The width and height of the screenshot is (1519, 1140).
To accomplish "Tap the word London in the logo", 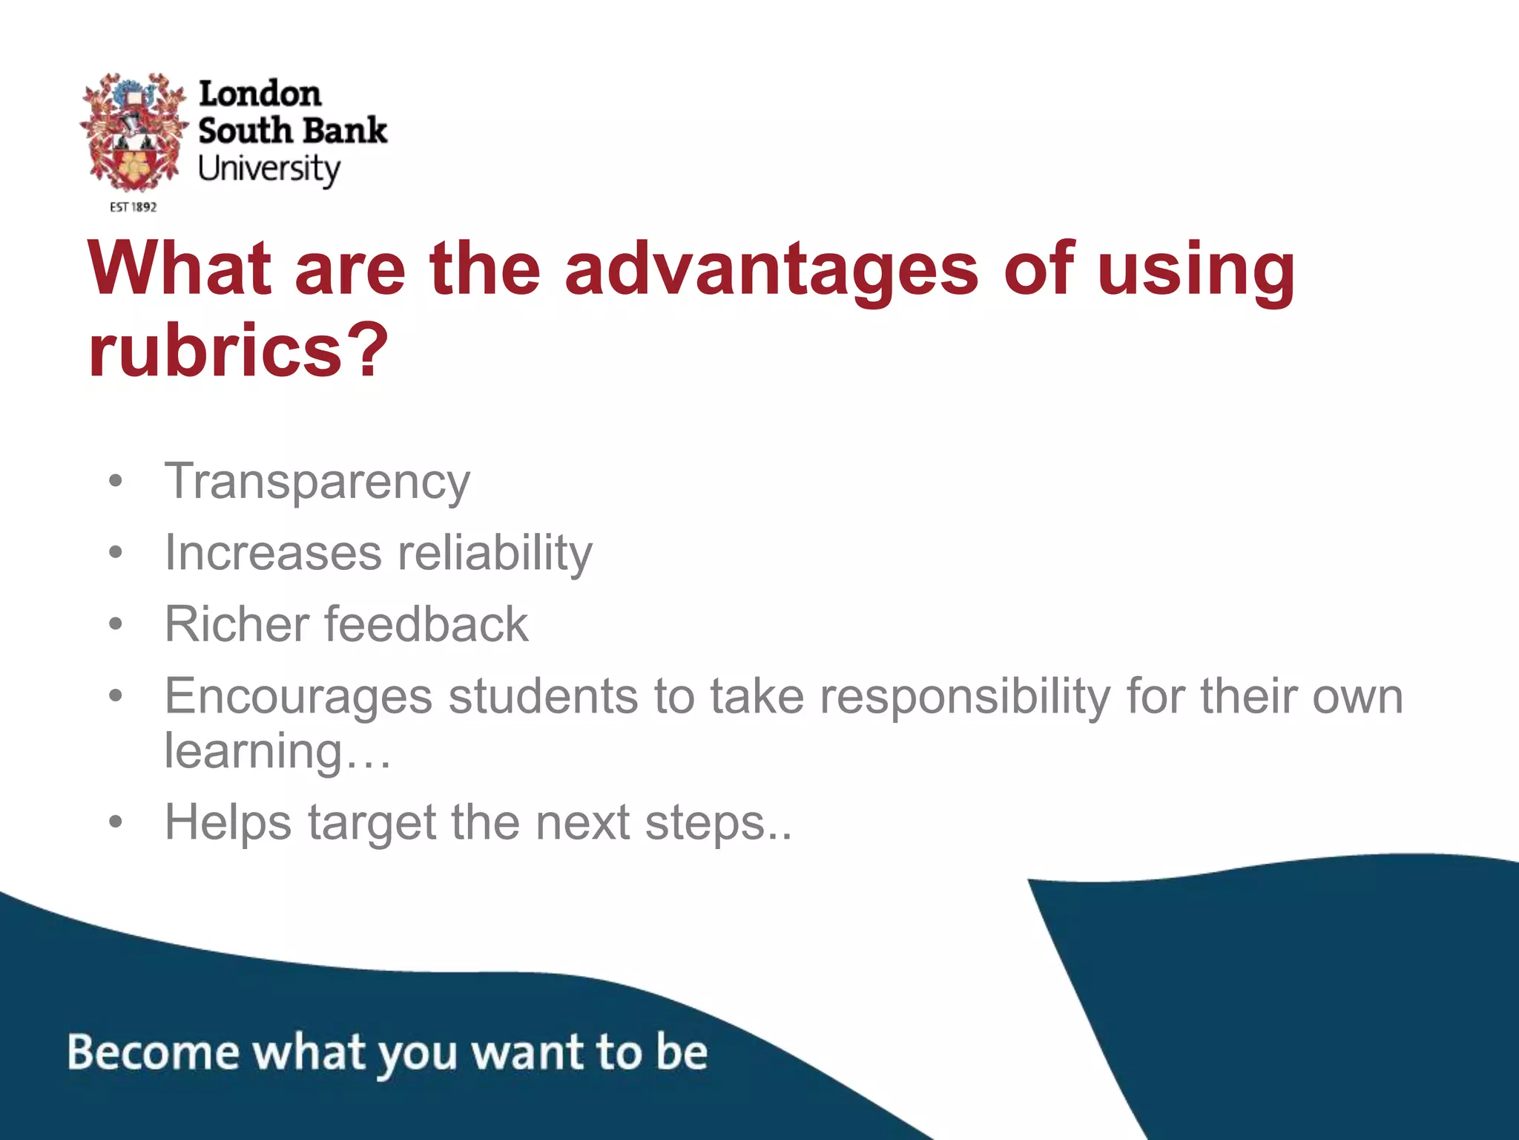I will (260, 94).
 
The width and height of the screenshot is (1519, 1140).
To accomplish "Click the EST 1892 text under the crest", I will (134, 207).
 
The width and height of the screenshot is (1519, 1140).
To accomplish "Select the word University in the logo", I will (268, 170).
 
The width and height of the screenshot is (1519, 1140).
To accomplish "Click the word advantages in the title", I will (771, 269).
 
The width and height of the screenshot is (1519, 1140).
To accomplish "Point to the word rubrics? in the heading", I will (238, 350).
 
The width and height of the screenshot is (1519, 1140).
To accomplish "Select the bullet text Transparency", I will (317, 482).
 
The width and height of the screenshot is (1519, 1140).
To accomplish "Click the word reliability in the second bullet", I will (495, 554).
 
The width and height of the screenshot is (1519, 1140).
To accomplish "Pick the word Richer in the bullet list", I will (237, 623).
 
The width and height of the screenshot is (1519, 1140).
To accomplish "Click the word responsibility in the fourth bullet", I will (964, 698).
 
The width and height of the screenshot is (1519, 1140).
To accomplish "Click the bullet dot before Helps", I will (115, 822).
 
